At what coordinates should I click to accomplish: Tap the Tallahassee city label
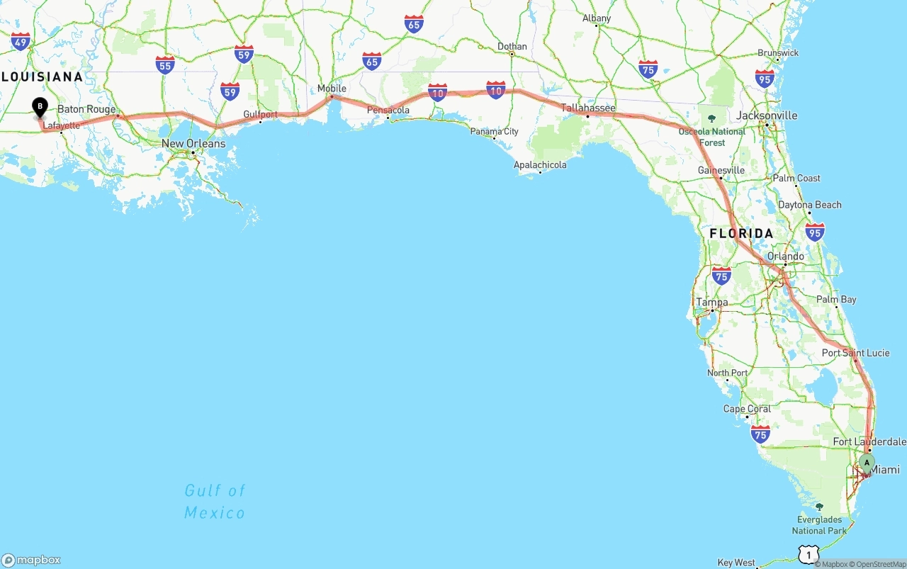coord(588,108)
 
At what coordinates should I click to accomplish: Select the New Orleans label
coord(193,144)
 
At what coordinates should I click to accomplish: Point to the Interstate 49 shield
coord(21,42)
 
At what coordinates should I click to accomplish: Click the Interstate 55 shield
coord(165,65)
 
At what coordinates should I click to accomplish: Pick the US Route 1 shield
coord(808,554)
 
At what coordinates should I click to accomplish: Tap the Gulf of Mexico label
coord(215,501)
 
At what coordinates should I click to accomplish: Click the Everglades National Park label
coord(819,525)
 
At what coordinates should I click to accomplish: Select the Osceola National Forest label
coord(712,137)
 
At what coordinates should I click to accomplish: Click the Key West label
coord(736,563)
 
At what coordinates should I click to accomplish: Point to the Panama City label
coord(495,131)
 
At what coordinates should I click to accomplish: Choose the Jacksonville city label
coord(767,116)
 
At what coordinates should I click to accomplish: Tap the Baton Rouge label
coord(86,109)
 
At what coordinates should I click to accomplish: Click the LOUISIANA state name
coord(42,77)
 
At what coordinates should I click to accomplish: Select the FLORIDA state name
coord(741,233)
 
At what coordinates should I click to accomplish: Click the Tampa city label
coord(712,303)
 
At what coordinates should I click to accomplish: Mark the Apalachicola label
coord(540,165)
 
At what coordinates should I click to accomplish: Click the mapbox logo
coord(31,560)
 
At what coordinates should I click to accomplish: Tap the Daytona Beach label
coord(810,205)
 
